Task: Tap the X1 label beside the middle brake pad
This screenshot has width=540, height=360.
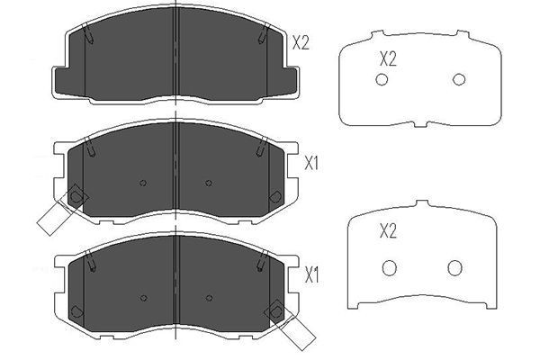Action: (x=312, y=164)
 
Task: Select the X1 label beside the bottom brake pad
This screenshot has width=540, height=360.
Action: (x=312, y=272)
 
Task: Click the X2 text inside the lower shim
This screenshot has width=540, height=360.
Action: (x=388, y=231)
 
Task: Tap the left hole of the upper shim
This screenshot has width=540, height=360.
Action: (x=381, y=81)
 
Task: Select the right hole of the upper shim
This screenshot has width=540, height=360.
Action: (x=459, y=80)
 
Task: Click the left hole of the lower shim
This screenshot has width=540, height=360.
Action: (x=390, y=267)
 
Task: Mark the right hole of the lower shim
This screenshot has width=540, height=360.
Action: (x=454, y=267)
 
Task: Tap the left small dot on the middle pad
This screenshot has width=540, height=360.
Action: (x=143, y=184)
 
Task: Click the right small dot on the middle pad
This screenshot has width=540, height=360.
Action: (x=208, y=184)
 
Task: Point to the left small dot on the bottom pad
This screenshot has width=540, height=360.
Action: (x=143, y=295)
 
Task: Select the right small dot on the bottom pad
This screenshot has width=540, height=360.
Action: (x=208, y=295)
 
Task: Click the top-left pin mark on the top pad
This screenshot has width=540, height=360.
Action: (x=91, y=36)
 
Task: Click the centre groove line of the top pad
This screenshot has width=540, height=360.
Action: (x=175, y=54)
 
